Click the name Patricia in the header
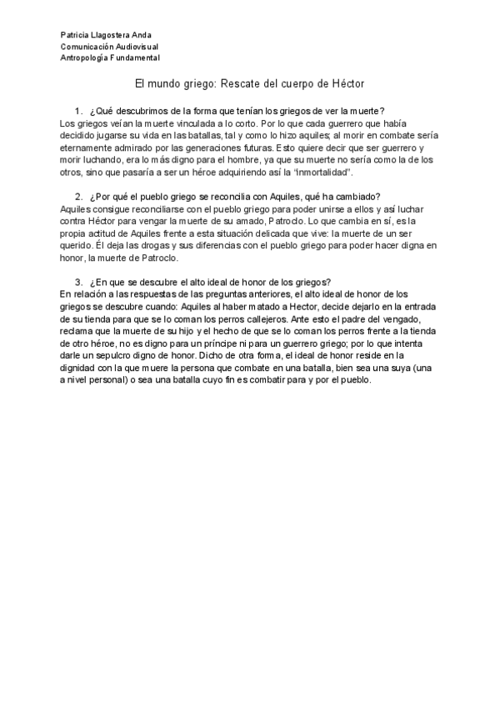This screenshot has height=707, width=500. (75, 35)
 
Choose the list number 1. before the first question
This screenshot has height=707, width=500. (77, 111)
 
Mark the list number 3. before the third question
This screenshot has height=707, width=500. (77, 281)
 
